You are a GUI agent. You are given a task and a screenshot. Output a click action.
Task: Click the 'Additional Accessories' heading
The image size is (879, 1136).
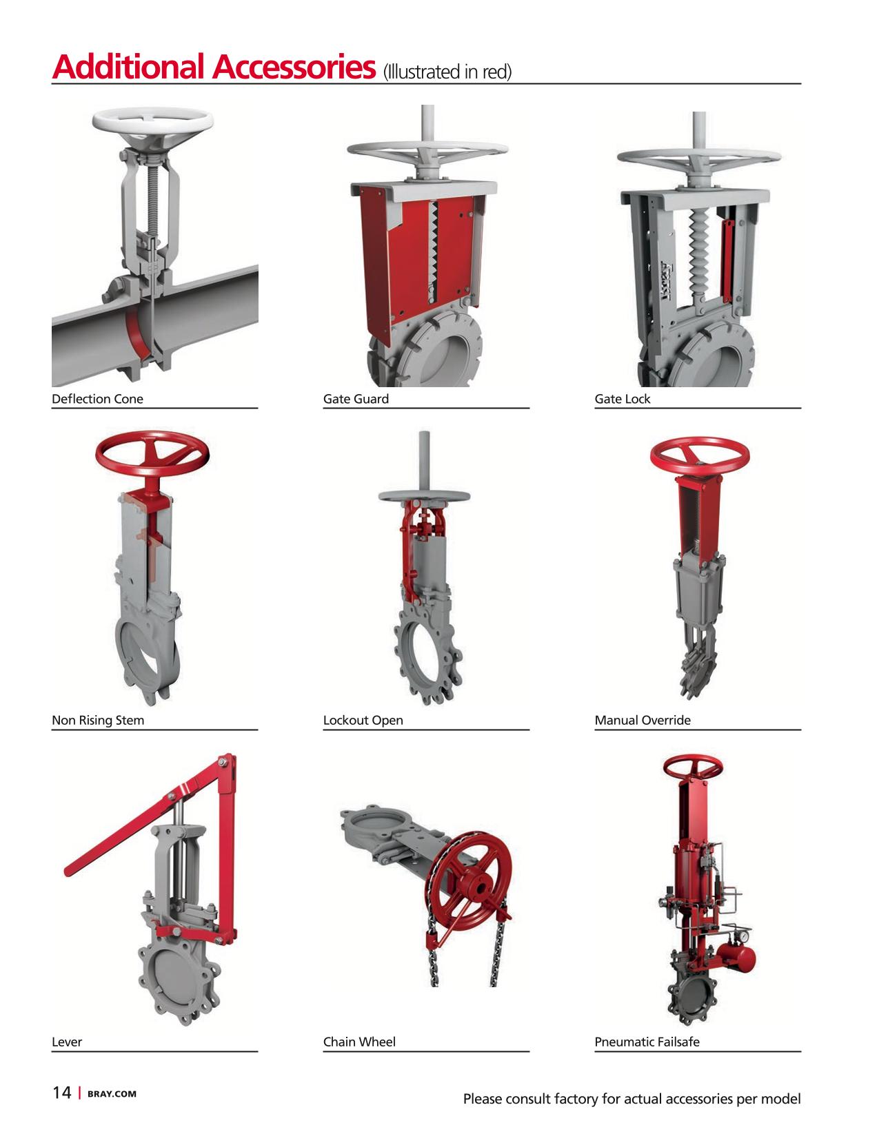(x=213, y=67)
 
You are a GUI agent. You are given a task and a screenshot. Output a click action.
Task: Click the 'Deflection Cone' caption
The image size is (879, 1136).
(x=97, y=399)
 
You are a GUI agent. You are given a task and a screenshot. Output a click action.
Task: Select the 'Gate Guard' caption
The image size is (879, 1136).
(x=356, y=399)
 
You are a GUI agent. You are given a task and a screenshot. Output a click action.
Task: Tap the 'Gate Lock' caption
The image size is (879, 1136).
(x=623, y=399)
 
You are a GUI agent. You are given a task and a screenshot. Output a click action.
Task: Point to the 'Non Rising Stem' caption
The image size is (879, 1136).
(x=98, y=720)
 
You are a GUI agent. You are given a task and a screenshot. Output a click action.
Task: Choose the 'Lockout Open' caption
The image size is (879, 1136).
(x=363, y=720)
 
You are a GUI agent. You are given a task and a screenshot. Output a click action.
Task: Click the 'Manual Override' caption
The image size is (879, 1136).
(x=643, y=720)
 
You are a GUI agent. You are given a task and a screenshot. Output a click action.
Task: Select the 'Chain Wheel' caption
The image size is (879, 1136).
(x=359, y=1042)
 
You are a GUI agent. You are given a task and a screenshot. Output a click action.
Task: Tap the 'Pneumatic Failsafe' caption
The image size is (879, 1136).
(x=647, y=1042)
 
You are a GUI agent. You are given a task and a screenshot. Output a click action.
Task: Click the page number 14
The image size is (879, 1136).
(x=62, y=1092)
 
